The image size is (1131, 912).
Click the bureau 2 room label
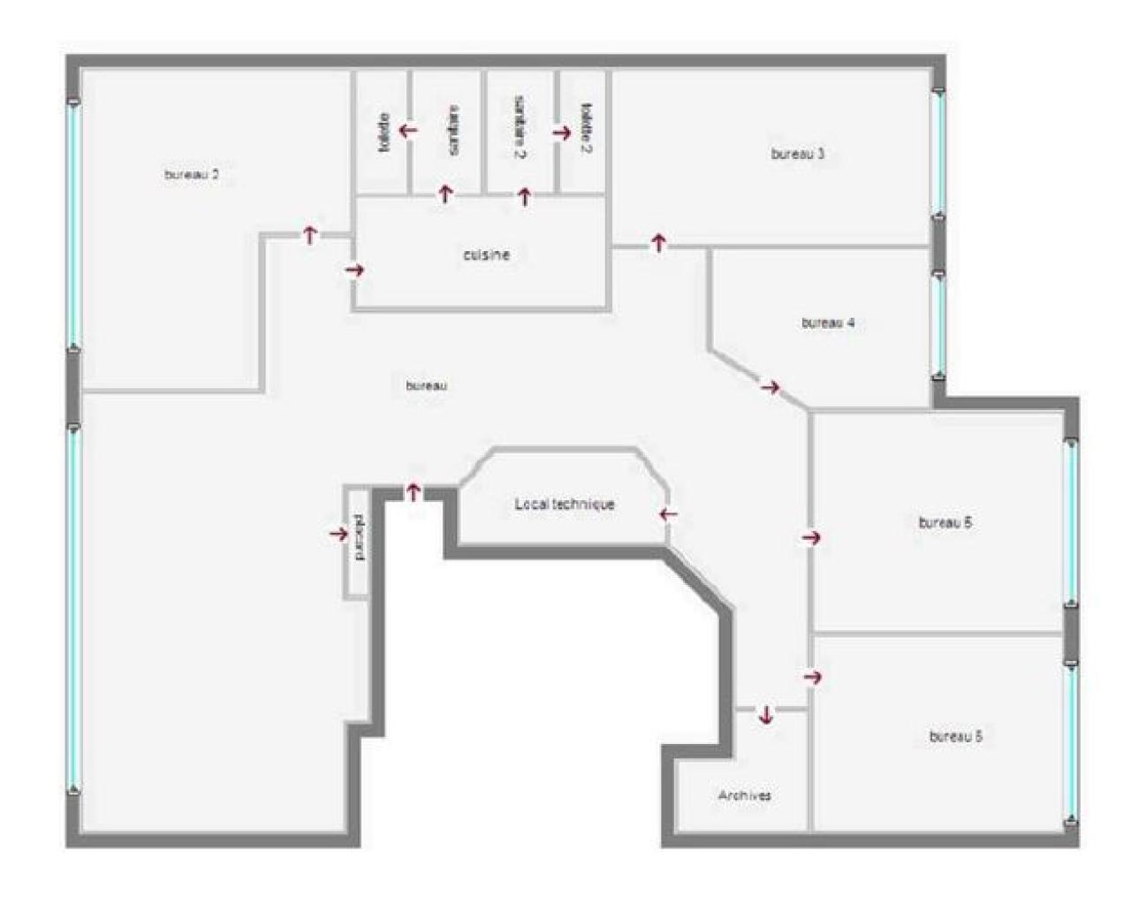[192, 175]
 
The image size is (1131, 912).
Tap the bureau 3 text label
[798, 154]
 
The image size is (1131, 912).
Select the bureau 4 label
[828, 323]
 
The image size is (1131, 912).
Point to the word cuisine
[486, 255]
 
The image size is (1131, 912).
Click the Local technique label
[565, 505]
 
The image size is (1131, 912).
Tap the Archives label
[744, 795]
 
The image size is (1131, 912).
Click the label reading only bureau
[427, 386]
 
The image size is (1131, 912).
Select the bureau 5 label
[956, 736]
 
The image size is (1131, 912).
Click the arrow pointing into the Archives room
[765, 715]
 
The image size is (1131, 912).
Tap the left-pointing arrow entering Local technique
[669, 513]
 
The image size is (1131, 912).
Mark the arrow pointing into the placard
[338, 534]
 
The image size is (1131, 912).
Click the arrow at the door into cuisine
[355, 270]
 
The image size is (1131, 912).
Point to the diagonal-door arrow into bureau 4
[770, 386]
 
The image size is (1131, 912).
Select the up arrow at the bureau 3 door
[658, 241]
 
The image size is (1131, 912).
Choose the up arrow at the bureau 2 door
[310, 234]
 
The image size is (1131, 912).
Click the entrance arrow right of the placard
[413, 492]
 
